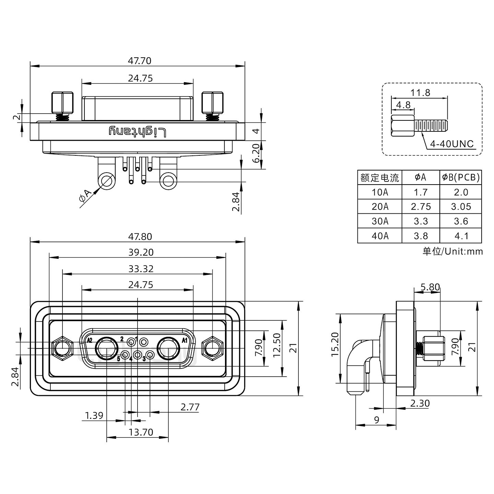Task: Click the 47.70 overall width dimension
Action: pos(139,61)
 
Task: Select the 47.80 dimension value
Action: pos(139,237)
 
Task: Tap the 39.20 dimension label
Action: pos(141,252)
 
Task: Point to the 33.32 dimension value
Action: pos(141,269)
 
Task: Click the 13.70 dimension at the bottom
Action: pos(141,432)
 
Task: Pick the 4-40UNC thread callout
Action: pos(452,144)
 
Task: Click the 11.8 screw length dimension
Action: pos(420,93)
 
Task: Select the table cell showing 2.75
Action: pos(421,207)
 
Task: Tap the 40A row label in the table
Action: pos(380,236)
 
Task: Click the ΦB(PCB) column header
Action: pos(461,177)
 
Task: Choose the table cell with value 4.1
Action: pos(461,236)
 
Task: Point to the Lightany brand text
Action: pos(138,132)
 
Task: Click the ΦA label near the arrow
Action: pos(85,198)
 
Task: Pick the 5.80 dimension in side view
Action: pos(430,287)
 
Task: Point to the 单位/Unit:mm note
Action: pos(452,251)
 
